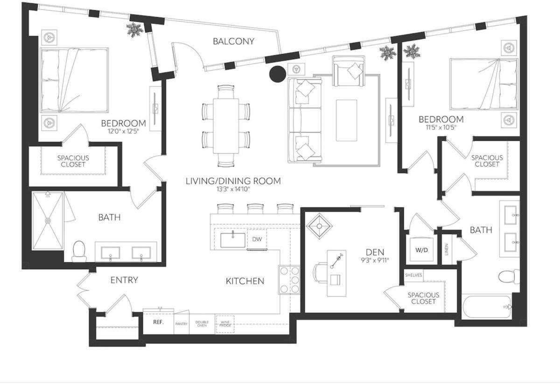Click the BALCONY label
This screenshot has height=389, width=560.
pos(233,41)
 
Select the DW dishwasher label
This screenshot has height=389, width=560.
pos(257,239)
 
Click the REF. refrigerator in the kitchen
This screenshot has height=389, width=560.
pos(158,322)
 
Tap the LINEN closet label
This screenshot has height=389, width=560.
pos(447,250)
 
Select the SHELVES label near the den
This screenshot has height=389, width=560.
pos(413,275)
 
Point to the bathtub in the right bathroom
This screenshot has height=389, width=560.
pos(487,307)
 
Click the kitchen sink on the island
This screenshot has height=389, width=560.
pos(232,240)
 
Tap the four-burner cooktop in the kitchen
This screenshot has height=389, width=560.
pos(289,280)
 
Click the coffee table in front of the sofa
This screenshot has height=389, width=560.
pos(346,120)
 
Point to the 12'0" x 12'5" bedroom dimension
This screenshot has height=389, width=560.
pos(123,131)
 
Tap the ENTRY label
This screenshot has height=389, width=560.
pos(124,280)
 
